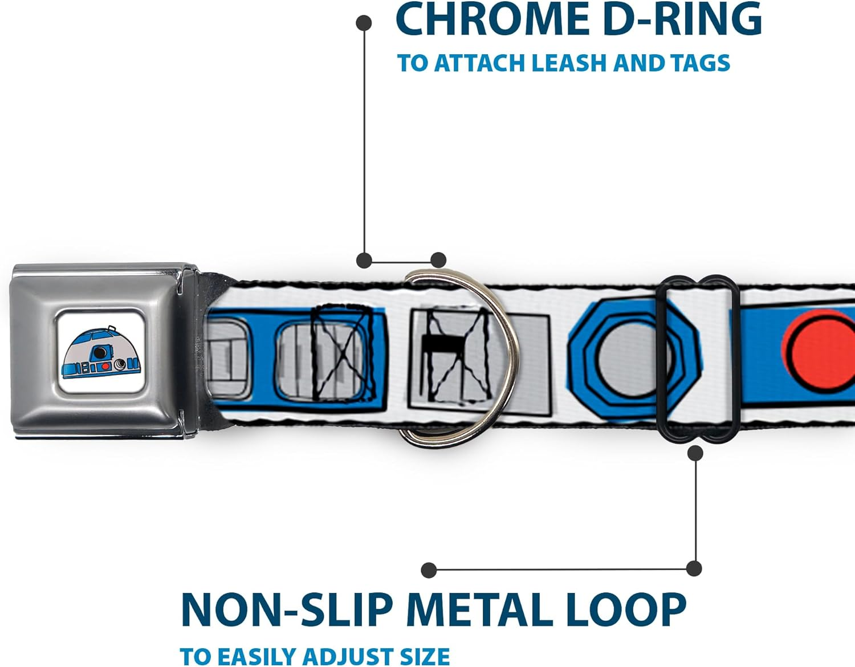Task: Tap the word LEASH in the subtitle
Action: click(571, 63)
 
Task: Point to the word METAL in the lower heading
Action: click(476, 611)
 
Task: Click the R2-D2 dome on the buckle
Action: click(101, 353)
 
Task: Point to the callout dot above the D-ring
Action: click(438, 261)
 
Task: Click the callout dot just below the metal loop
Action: click(695, 453)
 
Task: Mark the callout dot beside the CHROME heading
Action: click(364, 23)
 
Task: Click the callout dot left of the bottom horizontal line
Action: click(429, 570)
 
